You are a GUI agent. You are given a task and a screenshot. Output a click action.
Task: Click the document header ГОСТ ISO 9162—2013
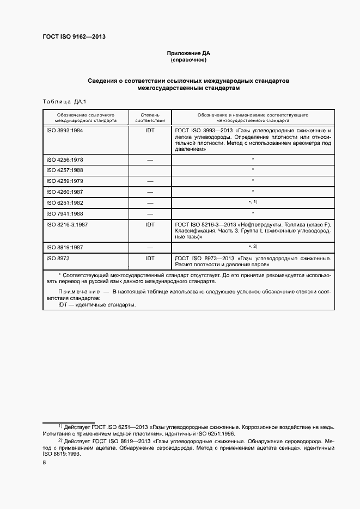tap(74, 36)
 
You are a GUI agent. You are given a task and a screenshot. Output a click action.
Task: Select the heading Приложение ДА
tap(188, 53)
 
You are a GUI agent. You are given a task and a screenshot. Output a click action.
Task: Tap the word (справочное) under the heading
tap(188, 60)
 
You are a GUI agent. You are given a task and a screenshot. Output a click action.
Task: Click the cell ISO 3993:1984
tap(65, 131)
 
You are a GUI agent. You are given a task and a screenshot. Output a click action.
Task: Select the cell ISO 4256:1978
tap(65, 160)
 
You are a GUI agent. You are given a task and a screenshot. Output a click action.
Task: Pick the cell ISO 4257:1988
tap(65, 170)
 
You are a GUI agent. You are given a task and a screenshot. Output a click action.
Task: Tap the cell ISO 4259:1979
tap(65, 181)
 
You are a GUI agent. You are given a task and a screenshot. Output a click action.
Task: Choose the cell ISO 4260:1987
tap(65, 192)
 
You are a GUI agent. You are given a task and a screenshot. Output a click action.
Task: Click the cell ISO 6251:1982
tap(65, 203)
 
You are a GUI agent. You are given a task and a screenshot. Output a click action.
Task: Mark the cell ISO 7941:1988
tap(65, 213)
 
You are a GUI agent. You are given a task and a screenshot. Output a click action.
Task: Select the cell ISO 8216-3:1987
tap(68, 224)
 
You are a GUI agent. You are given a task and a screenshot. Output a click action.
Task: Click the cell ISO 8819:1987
tap(65, 247)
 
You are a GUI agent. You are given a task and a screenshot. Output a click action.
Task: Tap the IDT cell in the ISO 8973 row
tap(150, 258)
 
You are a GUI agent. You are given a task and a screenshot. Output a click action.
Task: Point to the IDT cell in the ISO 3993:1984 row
tap(150, 131)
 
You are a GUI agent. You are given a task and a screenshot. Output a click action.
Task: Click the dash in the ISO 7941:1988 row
tap(150, 213)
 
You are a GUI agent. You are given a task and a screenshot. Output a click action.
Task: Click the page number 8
tap(44, 462)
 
